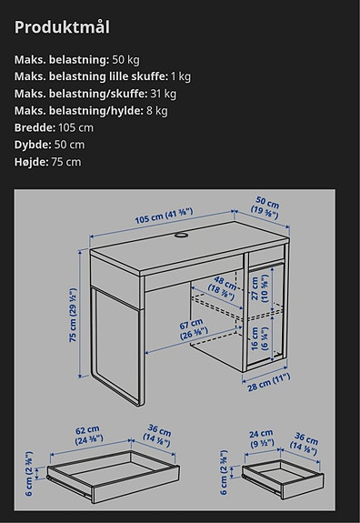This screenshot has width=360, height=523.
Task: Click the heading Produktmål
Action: pos(62,26)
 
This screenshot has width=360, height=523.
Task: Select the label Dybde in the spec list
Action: pos(33,145)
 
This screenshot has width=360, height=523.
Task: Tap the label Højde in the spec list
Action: pos(33,162)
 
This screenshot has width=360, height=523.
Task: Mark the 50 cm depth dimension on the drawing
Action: pos(266,206)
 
